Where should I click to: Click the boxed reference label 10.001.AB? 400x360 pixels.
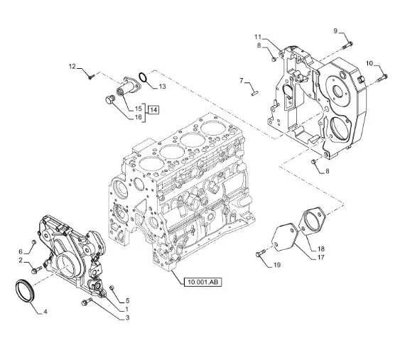tap(202, 282)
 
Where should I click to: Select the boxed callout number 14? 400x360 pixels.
tap(153, 110)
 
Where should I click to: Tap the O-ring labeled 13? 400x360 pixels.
tap(143, 77)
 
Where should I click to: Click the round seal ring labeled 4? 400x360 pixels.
tap(24, 290)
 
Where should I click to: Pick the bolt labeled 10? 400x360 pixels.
tap(382, 78)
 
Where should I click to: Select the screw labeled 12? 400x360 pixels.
tap(91, 76)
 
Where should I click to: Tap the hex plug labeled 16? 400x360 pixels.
tap(109, 99)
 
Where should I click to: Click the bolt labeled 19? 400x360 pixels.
tap(260, 253)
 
